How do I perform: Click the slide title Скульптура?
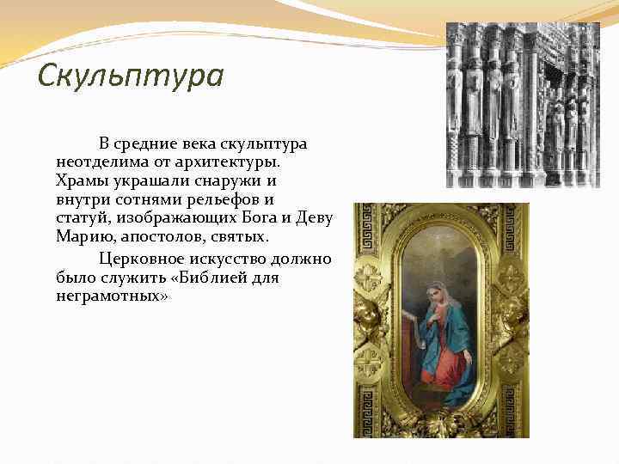click(131, 76)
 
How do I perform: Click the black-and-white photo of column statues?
click(523, 105)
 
